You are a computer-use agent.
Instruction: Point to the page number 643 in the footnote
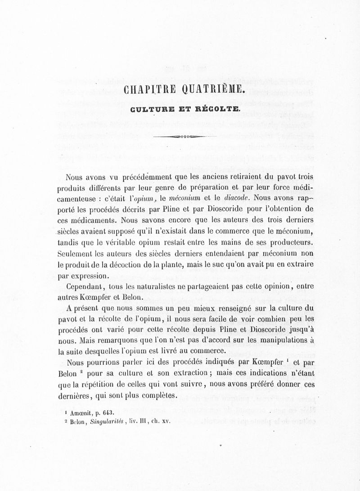click(108, 412)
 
